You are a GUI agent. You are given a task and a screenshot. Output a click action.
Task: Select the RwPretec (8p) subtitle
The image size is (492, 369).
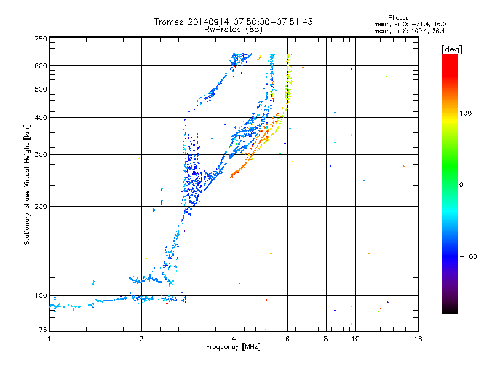[233, 29]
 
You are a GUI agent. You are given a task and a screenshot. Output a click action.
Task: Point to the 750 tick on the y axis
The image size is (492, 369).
[41, 39]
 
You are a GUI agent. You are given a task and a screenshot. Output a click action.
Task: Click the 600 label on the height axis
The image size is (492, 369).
[41, 66]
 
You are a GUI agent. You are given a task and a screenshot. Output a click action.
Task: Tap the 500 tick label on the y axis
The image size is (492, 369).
[41, 89]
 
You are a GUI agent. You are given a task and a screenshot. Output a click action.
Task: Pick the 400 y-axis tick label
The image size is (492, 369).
[41, 117]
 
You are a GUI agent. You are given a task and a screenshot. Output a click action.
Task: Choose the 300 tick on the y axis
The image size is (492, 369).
[41, 154]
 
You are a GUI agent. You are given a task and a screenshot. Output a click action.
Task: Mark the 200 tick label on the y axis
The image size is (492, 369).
[41, 206]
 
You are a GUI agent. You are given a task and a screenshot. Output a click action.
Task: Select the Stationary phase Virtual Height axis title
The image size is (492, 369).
[27, 185]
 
